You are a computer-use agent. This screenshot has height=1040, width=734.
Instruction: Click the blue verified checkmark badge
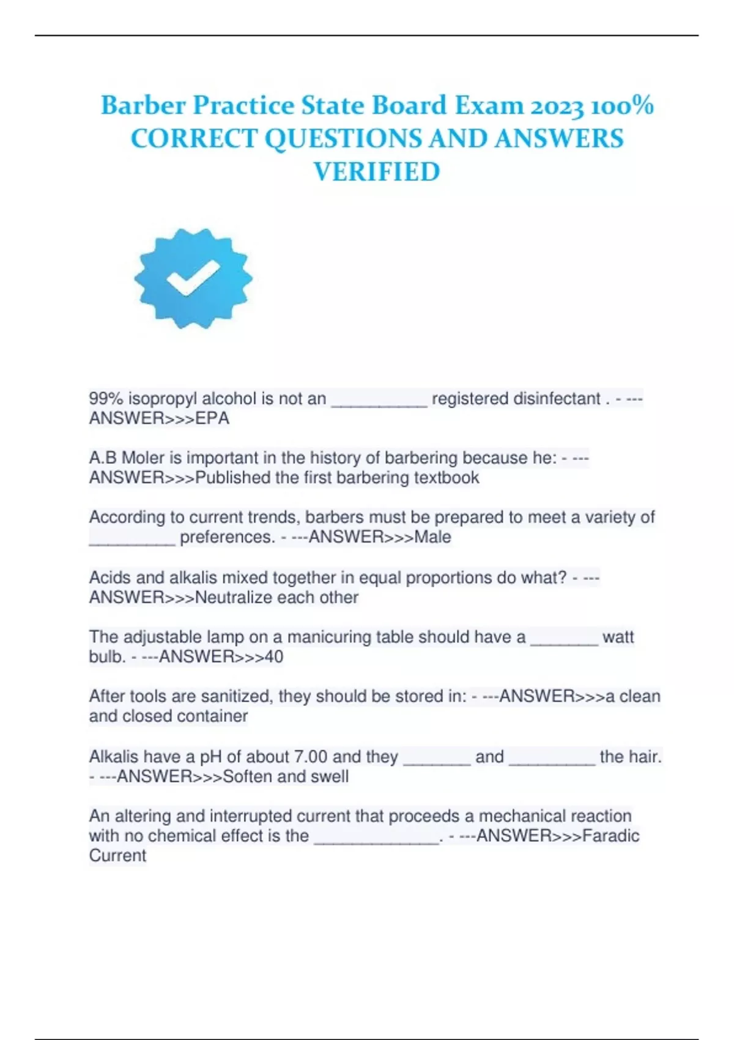[193, 279]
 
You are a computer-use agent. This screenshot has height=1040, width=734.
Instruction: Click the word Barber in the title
[143, 106]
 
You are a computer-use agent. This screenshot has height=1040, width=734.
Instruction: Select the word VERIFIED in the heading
[377, 172]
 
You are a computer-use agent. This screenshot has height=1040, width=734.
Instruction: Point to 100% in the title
[623, 106]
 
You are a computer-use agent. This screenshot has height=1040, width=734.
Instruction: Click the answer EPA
[212, 418]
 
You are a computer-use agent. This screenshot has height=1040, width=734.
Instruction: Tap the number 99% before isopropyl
[106, 399]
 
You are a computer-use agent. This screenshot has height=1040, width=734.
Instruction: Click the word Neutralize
[234, 598]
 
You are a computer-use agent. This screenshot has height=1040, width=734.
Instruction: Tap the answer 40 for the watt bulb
[274, 657]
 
